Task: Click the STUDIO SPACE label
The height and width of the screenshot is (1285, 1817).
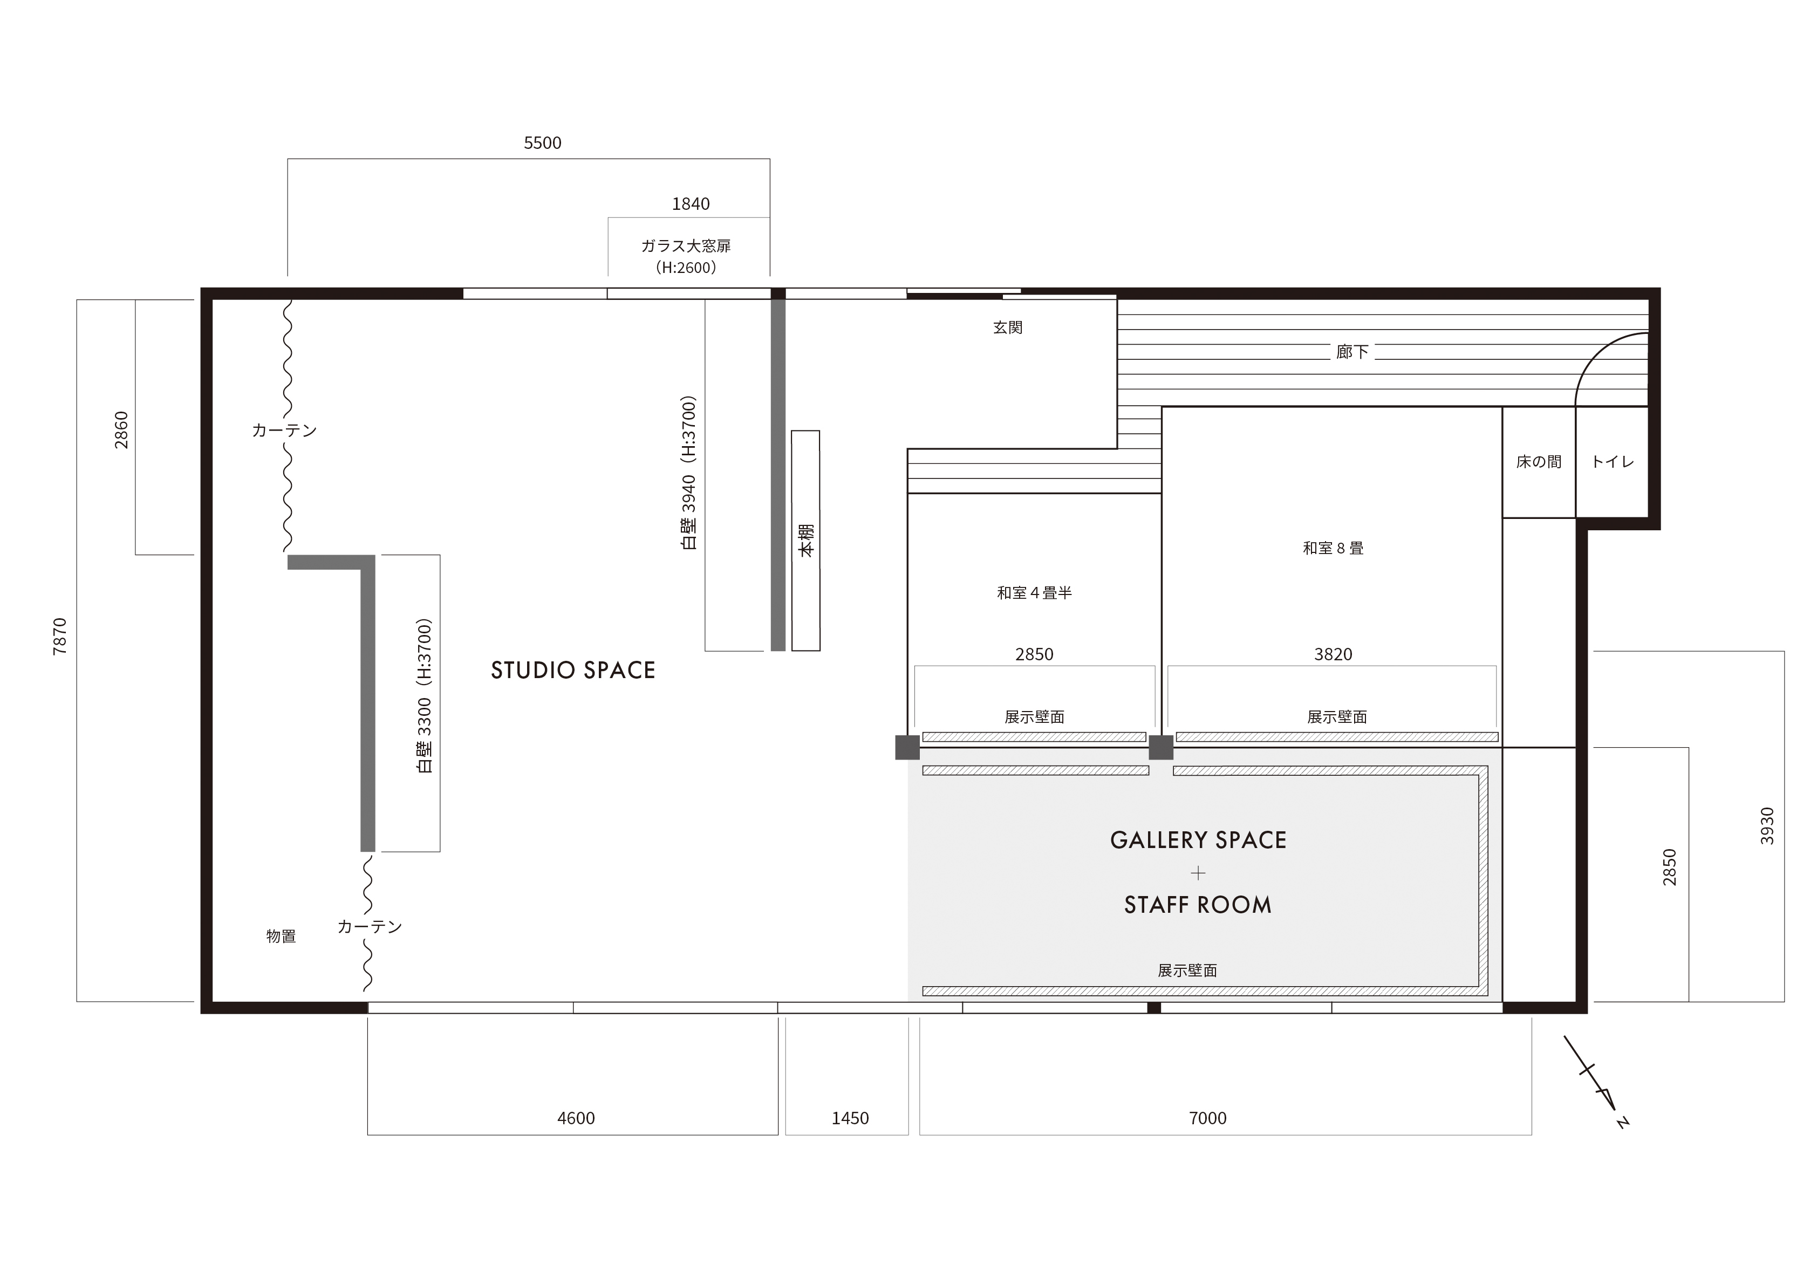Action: tap(573, 670)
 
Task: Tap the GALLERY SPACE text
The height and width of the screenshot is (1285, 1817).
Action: tap(1198, 840)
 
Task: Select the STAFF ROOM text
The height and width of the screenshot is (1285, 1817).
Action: tap(1198, 905)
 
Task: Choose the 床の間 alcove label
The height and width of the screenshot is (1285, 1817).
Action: tap(1539, 461)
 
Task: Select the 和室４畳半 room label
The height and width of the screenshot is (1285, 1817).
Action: tap(1034, 593)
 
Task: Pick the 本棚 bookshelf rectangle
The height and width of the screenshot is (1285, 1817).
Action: tap(805, 541)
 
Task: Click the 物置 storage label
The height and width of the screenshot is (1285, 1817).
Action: tap(281, 936)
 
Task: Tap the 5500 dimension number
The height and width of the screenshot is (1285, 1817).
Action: tap(543, 143)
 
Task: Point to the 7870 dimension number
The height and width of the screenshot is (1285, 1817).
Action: tap(60, 636)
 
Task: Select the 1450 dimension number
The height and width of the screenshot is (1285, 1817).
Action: tap(850, 1118)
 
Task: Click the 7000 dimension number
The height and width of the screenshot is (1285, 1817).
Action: tap(1207, 1118)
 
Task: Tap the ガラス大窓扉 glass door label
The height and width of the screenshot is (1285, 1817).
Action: tap(686, 246)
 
